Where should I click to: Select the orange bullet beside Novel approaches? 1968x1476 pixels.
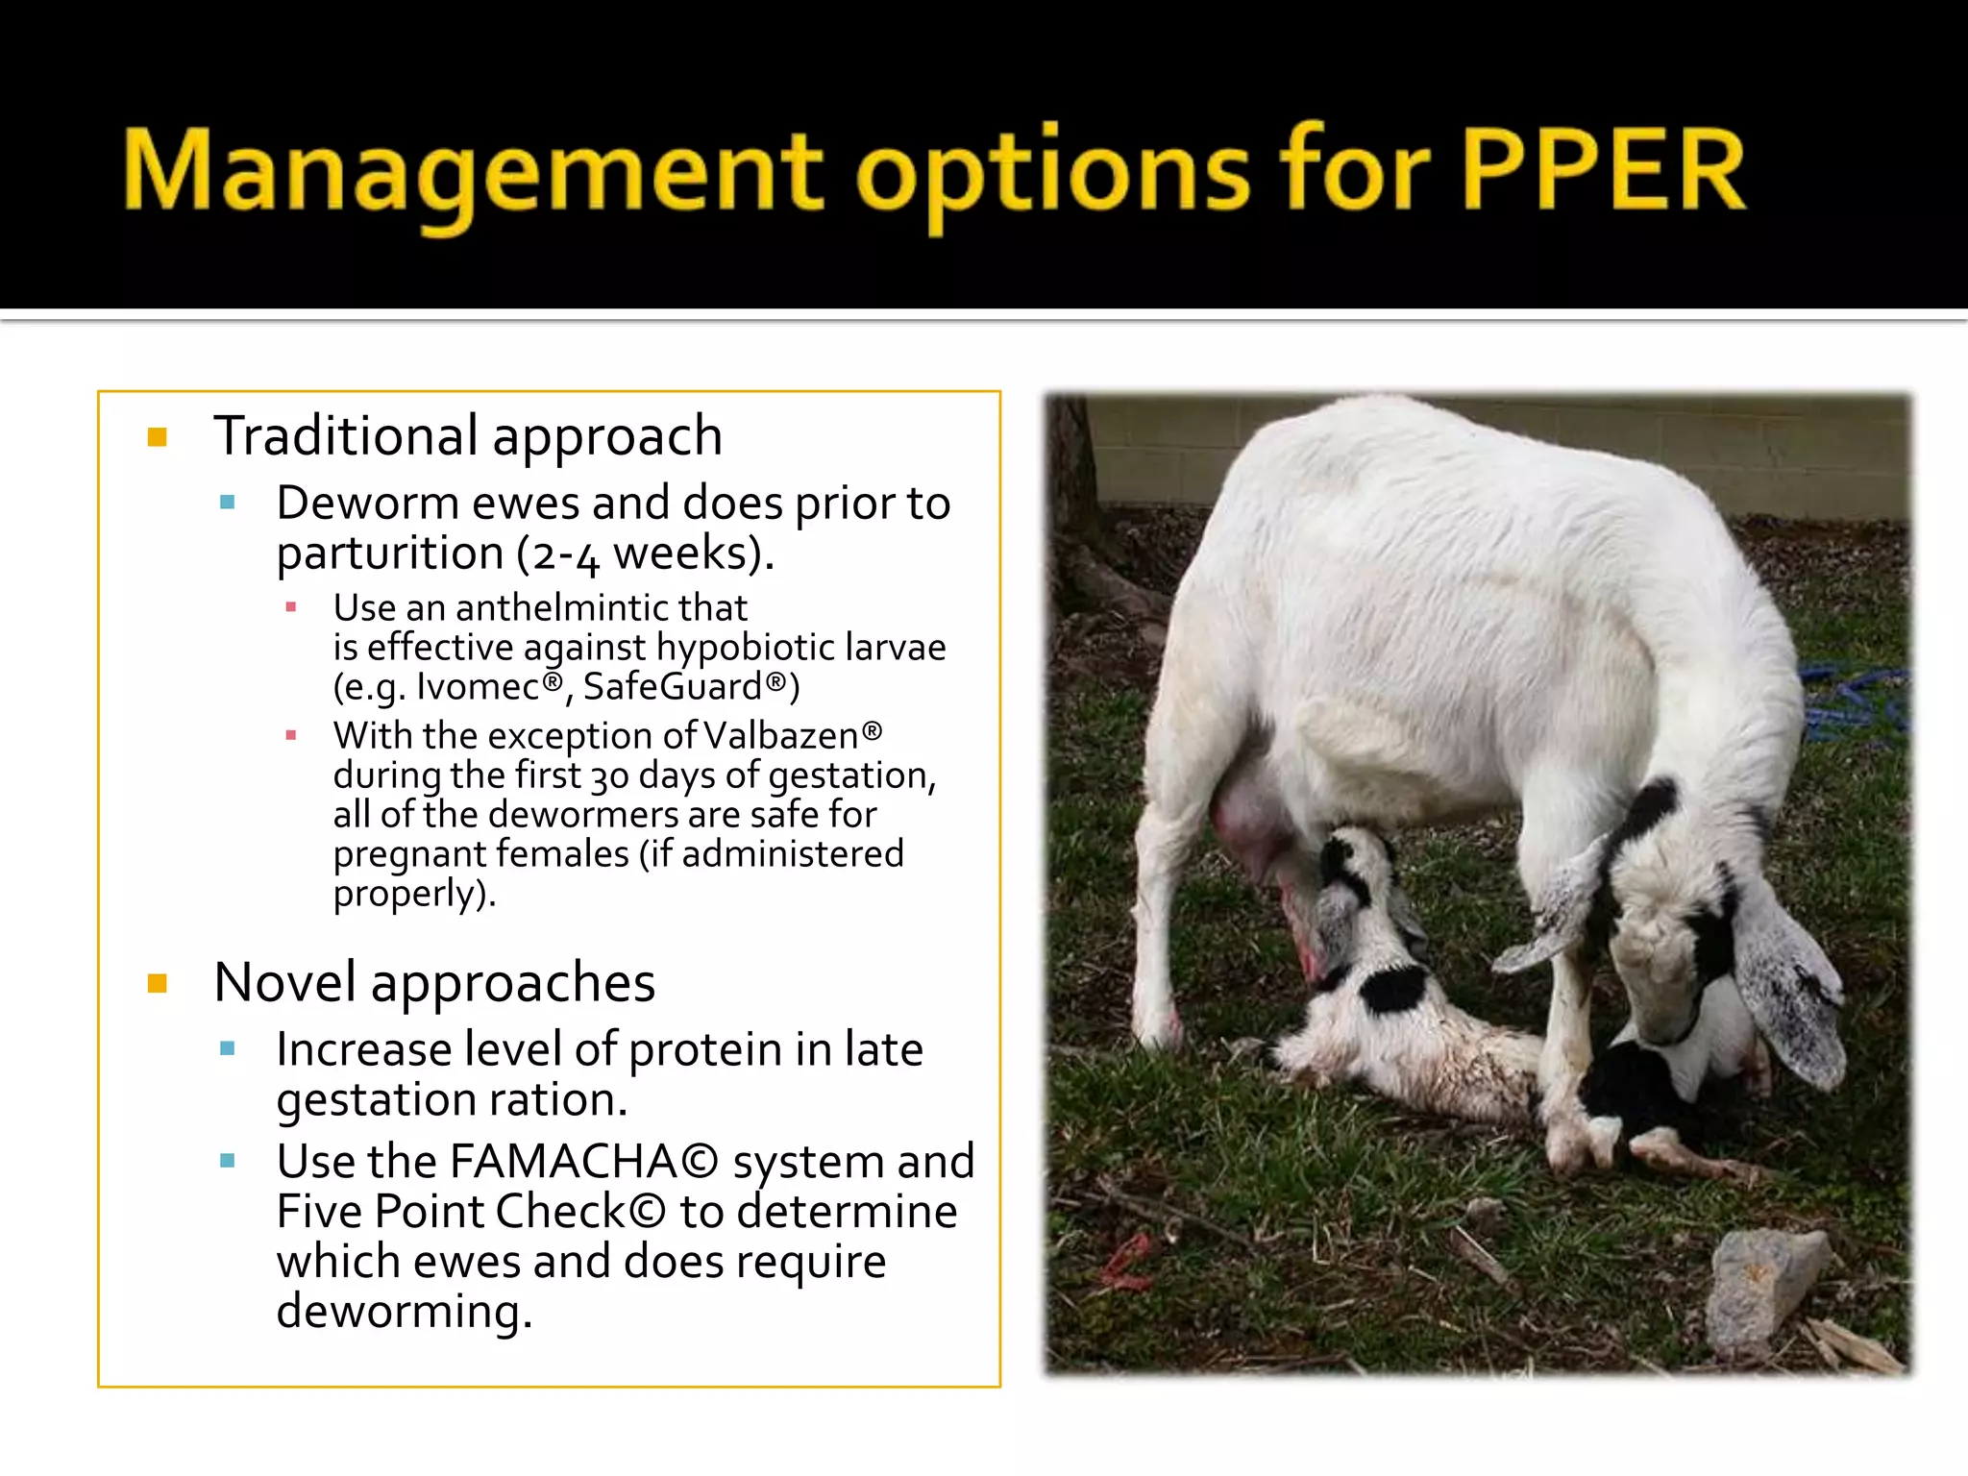(x=158, y=983)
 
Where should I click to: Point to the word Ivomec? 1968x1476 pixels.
(x=478, y=687)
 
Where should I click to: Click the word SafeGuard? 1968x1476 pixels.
(x=673, y=687)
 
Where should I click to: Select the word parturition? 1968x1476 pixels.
(x=389, y=553)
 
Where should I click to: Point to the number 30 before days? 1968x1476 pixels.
(x=609, y=775)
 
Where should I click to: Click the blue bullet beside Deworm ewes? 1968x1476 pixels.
(x=228, y=503)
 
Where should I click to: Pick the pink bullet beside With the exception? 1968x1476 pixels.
(x=291, y=736)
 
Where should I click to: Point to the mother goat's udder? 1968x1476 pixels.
(x=1249, y=826)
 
